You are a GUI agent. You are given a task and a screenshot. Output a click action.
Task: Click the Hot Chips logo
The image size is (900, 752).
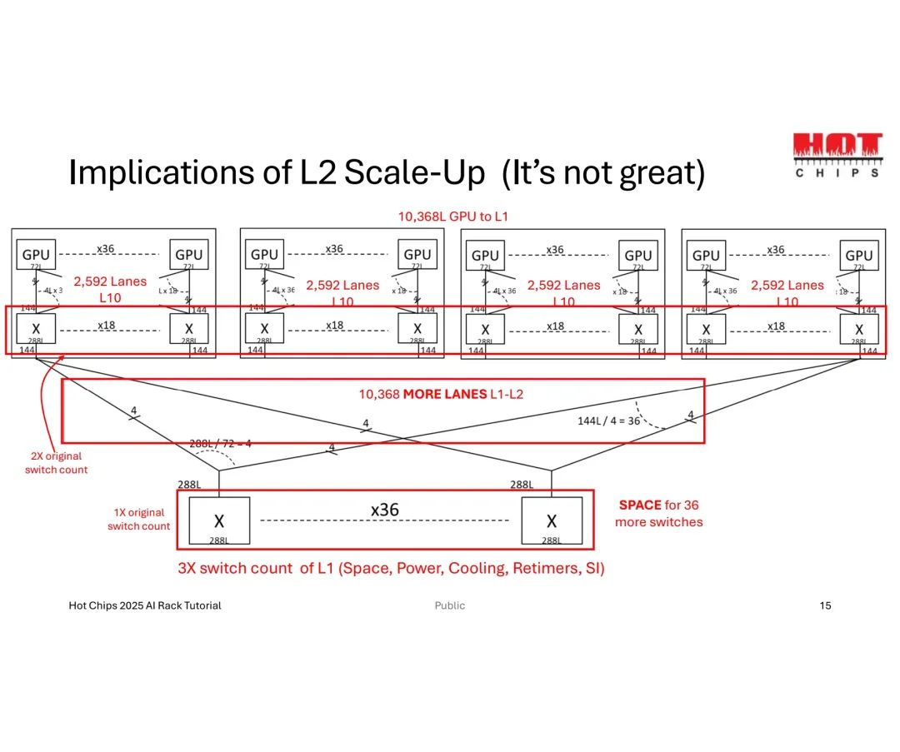[836, 155]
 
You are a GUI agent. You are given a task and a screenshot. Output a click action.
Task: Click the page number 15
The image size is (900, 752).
[825, 605]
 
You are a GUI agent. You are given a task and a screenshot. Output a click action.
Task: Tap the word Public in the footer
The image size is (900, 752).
[450, 605]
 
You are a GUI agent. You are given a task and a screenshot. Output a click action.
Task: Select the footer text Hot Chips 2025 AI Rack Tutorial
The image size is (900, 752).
[145, 605]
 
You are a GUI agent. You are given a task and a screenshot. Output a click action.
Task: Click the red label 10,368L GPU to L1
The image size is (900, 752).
[453, 217]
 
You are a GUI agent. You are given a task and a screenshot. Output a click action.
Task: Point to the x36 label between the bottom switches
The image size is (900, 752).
[384, 510]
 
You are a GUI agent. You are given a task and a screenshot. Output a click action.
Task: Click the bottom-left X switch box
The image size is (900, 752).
[219, 522]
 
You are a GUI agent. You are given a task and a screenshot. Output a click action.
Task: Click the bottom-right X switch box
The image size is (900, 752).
[551, 522]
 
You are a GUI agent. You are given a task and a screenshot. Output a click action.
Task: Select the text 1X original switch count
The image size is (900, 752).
[138, 520]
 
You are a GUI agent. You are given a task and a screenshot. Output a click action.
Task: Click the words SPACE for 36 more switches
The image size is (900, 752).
[658, 514]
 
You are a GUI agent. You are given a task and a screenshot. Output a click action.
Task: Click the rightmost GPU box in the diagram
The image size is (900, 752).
[859, 255]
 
